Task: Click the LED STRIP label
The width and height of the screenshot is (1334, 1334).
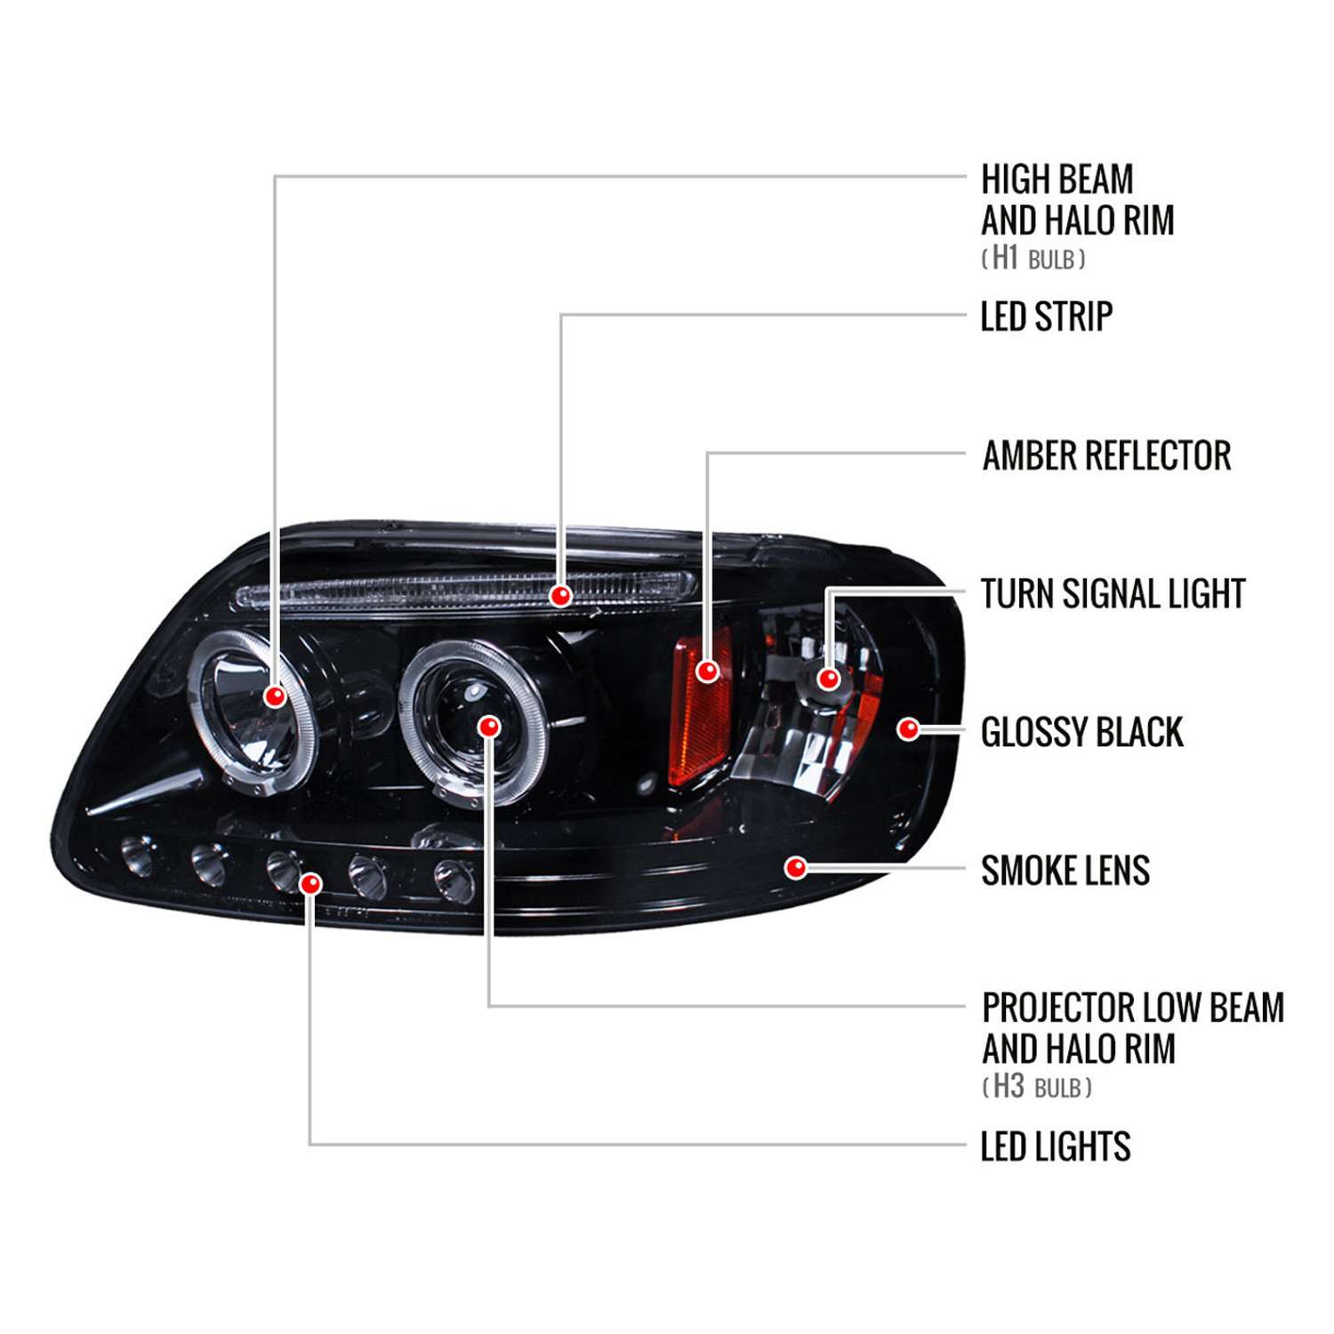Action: [x=1046, y=317]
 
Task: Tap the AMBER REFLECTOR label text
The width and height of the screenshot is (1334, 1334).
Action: [x=1106, y=455]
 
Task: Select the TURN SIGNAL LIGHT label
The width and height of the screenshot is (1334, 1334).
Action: [x=1113, y=593]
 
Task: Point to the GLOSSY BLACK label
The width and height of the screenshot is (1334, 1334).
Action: [x=1081, y=732]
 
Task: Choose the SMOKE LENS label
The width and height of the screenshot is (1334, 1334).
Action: [x=1065, y=870]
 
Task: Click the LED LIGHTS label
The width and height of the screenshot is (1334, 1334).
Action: [x=1055, y=1146]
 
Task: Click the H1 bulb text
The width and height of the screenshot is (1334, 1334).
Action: [x=1033, y=258]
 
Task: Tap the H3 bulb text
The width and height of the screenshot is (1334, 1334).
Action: [x=1037, y=1086]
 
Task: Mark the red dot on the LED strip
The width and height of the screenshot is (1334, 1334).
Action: [x=560, y=595]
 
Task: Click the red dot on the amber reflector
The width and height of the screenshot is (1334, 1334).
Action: [x=708, y=671]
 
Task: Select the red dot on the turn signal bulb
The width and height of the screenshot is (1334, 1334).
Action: [x=829, y=679]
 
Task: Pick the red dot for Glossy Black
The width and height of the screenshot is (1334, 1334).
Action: [x=908, y=729]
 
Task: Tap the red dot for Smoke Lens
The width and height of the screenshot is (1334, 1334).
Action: [x=797, y=867]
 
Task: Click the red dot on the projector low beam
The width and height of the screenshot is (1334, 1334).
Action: [x=489, y=727]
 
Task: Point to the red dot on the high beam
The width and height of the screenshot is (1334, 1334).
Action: [x=275, y=695]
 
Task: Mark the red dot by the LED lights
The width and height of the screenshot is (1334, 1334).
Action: [x=310, y=883]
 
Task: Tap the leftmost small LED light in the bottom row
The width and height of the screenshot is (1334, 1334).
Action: [x=135, y=854]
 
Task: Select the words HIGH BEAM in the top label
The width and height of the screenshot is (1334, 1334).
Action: [x=1057, y=179]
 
